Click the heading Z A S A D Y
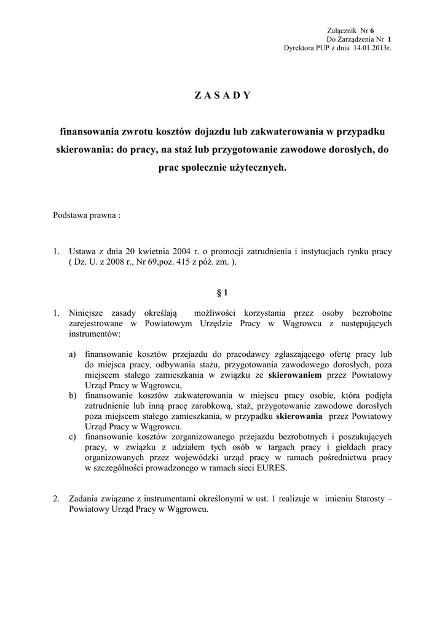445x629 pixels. pyautogui.click(x=222, y=95)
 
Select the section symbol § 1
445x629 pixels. pyautogui.click(x=222, y=293)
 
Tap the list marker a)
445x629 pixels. pyautogui.click(x=73, y=354)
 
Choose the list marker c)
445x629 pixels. pyautogui.click(x=73, y=436)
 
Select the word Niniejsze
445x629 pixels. pyautogui.click(x=87, y=313)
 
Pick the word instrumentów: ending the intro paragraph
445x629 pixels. pyautogui.click(x=95, y=334)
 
